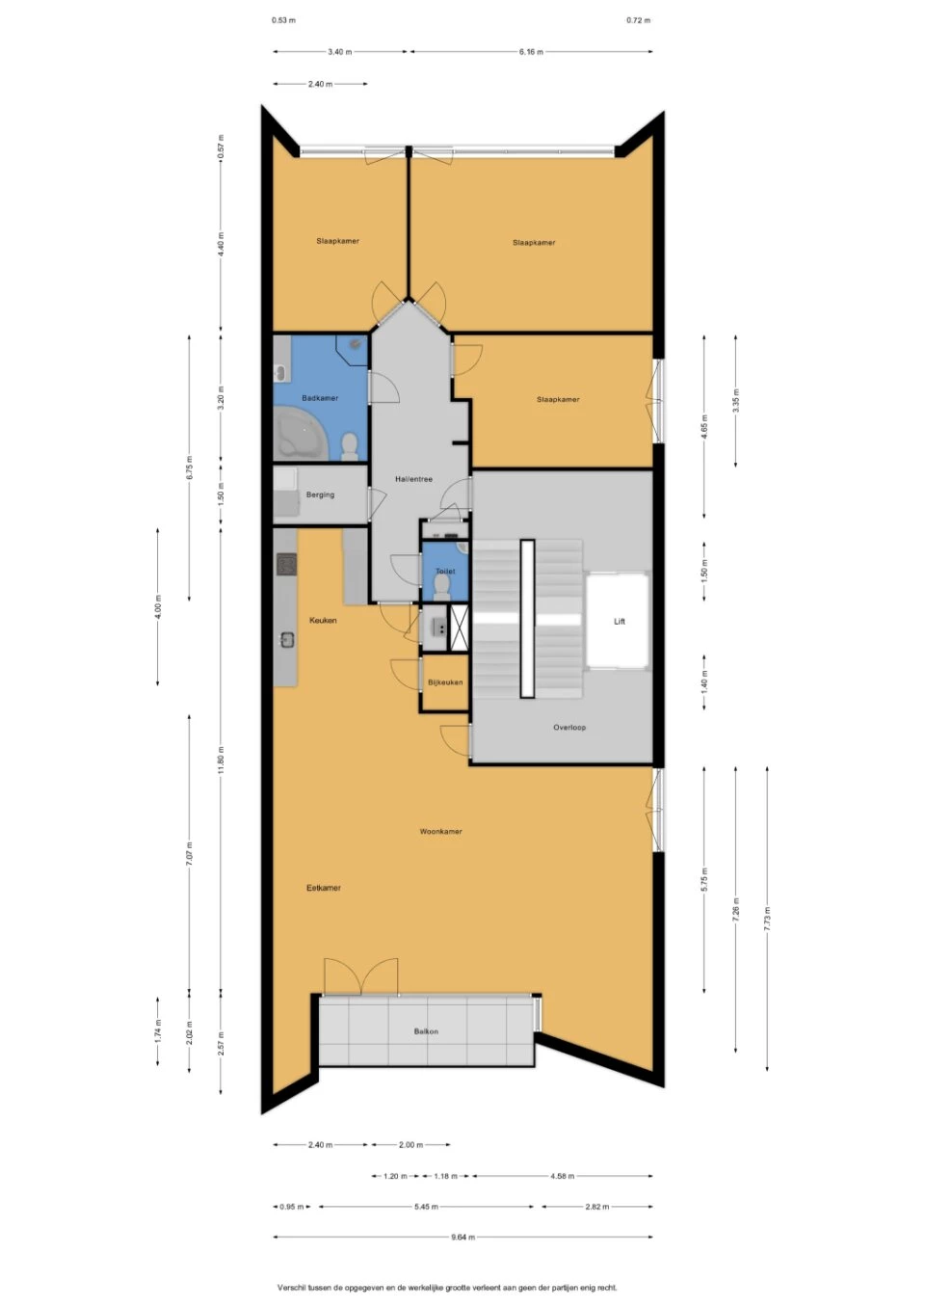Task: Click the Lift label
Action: tap(620, 622)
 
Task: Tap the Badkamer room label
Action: tap(320, 398)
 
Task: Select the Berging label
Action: tap(320, 494)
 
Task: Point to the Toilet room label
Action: tap(444, 572)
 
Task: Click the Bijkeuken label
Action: tap(445, 682)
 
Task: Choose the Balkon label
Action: tap(426, 1031)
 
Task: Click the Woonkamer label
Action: tap(440, 831)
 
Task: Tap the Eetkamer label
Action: tap(324, 888)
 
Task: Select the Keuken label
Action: tap(323, 621)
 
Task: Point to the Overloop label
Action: tap(569, 728)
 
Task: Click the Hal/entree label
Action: tap(413, 479)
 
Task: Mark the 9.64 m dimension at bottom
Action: tap(462, 1237)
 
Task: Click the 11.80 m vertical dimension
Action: tap(221, 760)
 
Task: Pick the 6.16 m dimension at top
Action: tap(531, 52)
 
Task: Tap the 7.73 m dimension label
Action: tap(767, 917)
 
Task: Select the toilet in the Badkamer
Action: tap(350, 445)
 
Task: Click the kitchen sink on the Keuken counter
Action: tap(286, 638)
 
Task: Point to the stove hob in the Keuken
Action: tap(286, 564)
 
